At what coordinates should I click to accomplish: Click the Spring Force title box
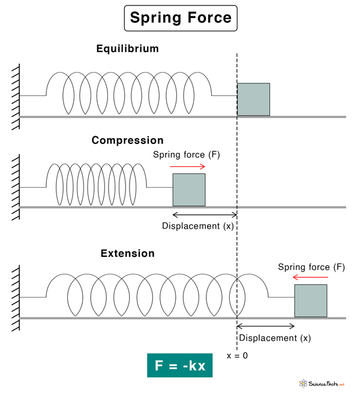click(181, 18)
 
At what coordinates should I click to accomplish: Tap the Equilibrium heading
click(128, 49)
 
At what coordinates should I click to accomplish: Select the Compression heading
click(127, 140)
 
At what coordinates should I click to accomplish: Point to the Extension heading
click(127, 253)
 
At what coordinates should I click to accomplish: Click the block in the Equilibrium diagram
click(253, 99)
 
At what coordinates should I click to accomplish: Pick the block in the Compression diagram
click(189, 190)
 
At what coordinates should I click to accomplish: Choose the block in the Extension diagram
click(310, 301)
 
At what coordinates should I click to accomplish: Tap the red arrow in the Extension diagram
click(311, 277)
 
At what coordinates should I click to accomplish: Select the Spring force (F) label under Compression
click(187, 155)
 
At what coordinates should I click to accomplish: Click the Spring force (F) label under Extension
click(311, 266)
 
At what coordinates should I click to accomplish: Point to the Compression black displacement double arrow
click(205, 215)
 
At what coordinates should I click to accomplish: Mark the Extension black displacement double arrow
click(266, 326)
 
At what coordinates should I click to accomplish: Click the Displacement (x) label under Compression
click(198, 226)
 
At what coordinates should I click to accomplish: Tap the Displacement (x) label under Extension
click(275, 338)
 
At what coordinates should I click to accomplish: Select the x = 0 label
click(237, 356)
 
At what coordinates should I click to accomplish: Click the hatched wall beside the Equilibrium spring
click(15, 96)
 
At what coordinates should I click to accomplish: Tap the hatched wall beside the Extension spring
click(15, 297)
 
